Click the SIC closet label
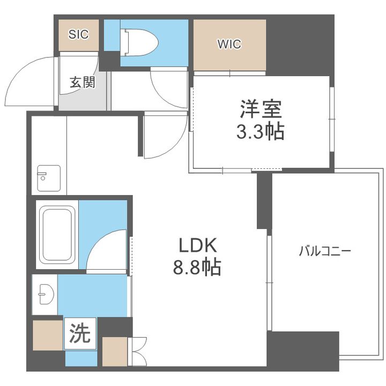tap(78, 34)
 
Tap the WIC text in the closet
tap(229, 44)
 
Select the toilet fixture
tap(139, 42)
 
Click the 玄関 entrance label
tap(82, 82)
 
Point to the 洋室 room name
tap(261, 109)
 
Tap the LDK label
tap(198, 245)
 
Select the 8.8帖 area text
tap(197, 267)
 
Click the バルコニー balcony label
tap(325, 251)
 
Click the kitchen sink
tap(49, 178)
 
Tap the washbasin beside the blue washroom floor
tap(46, 294)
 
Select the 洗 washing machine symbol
tap(80, 333)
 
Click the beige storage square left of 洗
tap(48, 335)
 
